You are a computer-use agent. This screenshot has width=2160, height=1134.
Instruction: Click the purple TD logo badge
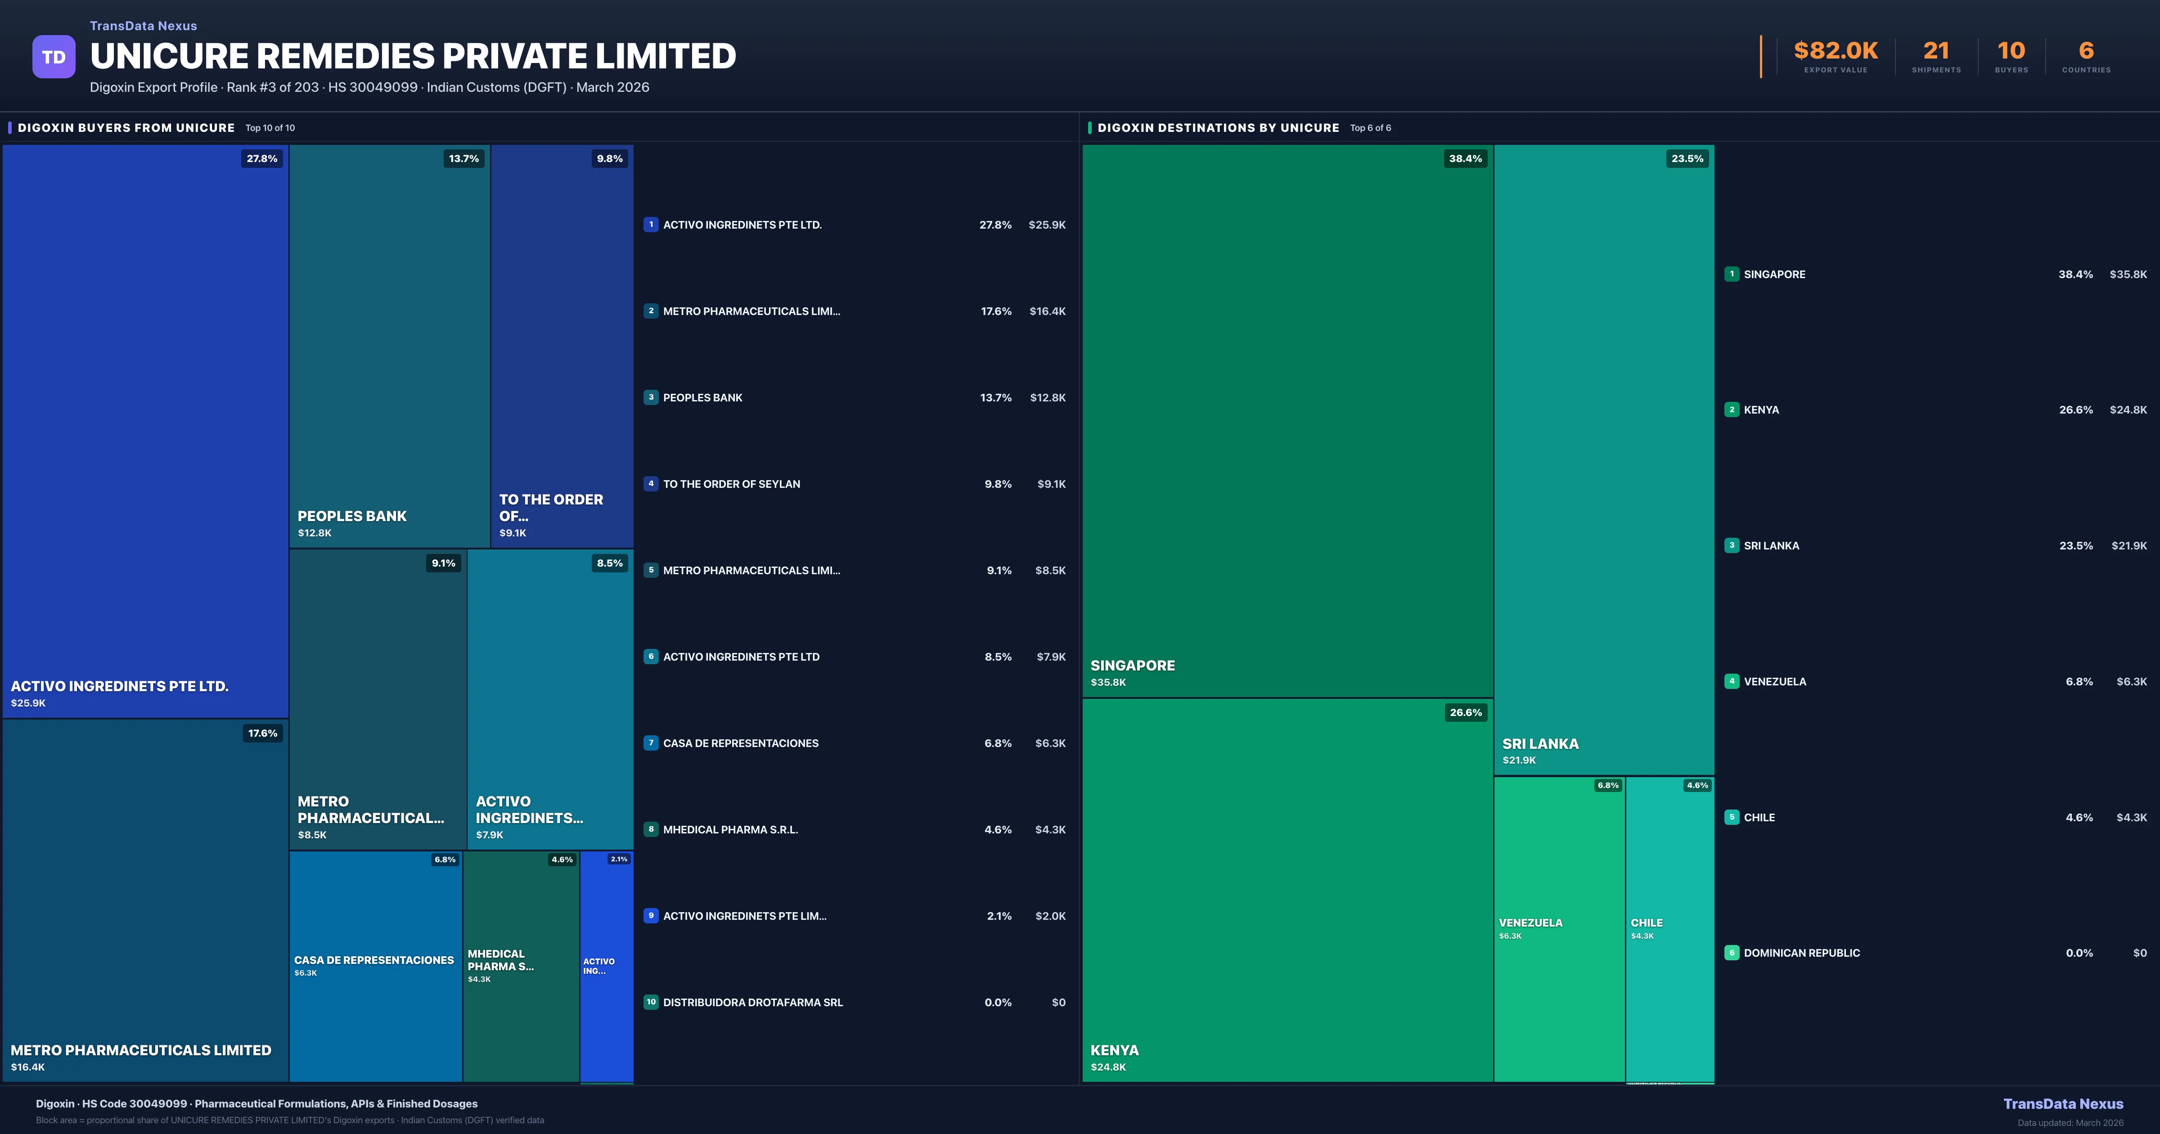(54, 57)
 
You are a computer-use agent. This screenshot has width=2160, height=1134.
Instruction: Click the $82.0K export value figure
(1836, 51)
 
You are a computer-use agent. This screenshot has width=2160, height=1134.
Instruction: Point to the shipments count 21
(1935, 51)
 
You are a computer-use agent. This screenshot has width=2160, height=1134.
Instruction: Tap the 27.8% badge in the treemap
(261, 158)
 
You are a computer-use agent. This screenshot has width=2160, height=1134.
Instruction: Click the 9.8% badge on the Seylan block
(610, 158)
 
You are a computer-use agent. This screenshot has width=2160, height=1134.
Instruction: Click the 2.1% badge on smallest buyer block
(619, 859)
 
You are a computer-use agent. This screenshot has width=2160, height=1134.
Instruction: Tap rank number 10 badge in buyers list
(651, 1002)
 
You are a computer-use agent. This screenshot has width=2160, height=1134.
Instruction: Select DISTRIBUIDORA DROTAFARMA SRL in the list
(752, 1002)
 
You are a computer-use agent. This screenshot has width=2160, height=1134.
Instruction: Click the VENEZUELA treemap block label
(1530, 922)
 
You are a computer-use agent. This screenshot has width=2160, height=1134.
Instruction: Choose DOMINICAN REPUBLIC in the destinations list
(1801, 953)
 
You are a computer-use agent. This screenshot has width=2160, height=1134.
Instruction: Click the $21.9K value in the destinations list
(2128, 546)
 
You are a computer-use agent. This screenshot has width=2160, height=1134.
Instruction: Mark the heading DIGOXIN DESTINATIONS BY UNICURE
(1218, 127)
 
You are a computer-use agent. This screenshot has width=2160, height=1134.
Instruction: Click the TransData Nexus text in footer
(2063, 1104)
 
